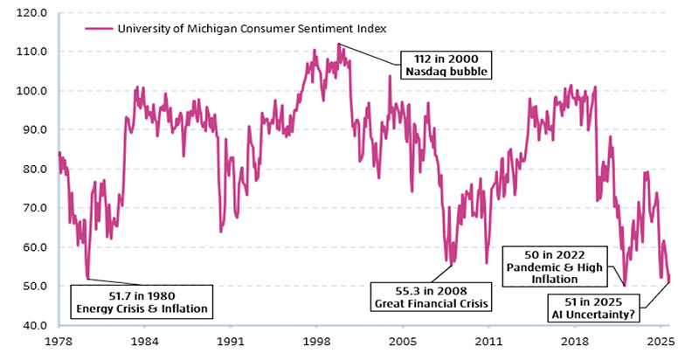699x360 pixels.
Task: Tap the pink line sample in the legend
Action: (x=99, y=29)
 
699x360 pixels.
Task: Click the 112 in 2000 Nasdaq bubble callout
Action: (x=445, y=65)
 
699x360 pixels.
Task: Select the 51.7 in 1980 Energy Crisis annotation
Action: (x=142, y=301)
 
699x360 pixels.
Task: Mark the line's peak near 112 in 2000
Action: (x=338, y=44)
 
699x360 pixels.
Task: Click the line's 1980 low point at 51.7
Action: (x=88, y=279)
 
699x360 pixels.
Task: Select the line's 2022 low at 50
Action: (x=625, y=286)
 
